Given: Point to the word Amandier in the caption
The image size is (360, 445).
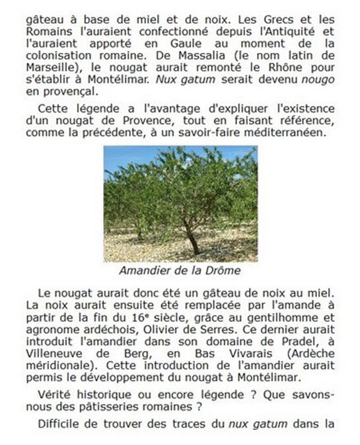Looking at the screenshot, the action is click(143, 270).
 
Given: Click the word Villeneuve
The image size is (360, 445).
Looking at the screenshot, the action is click(52, 354).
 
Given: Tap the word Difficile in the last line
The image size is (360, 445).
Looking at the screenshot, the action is click(63, 426).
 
